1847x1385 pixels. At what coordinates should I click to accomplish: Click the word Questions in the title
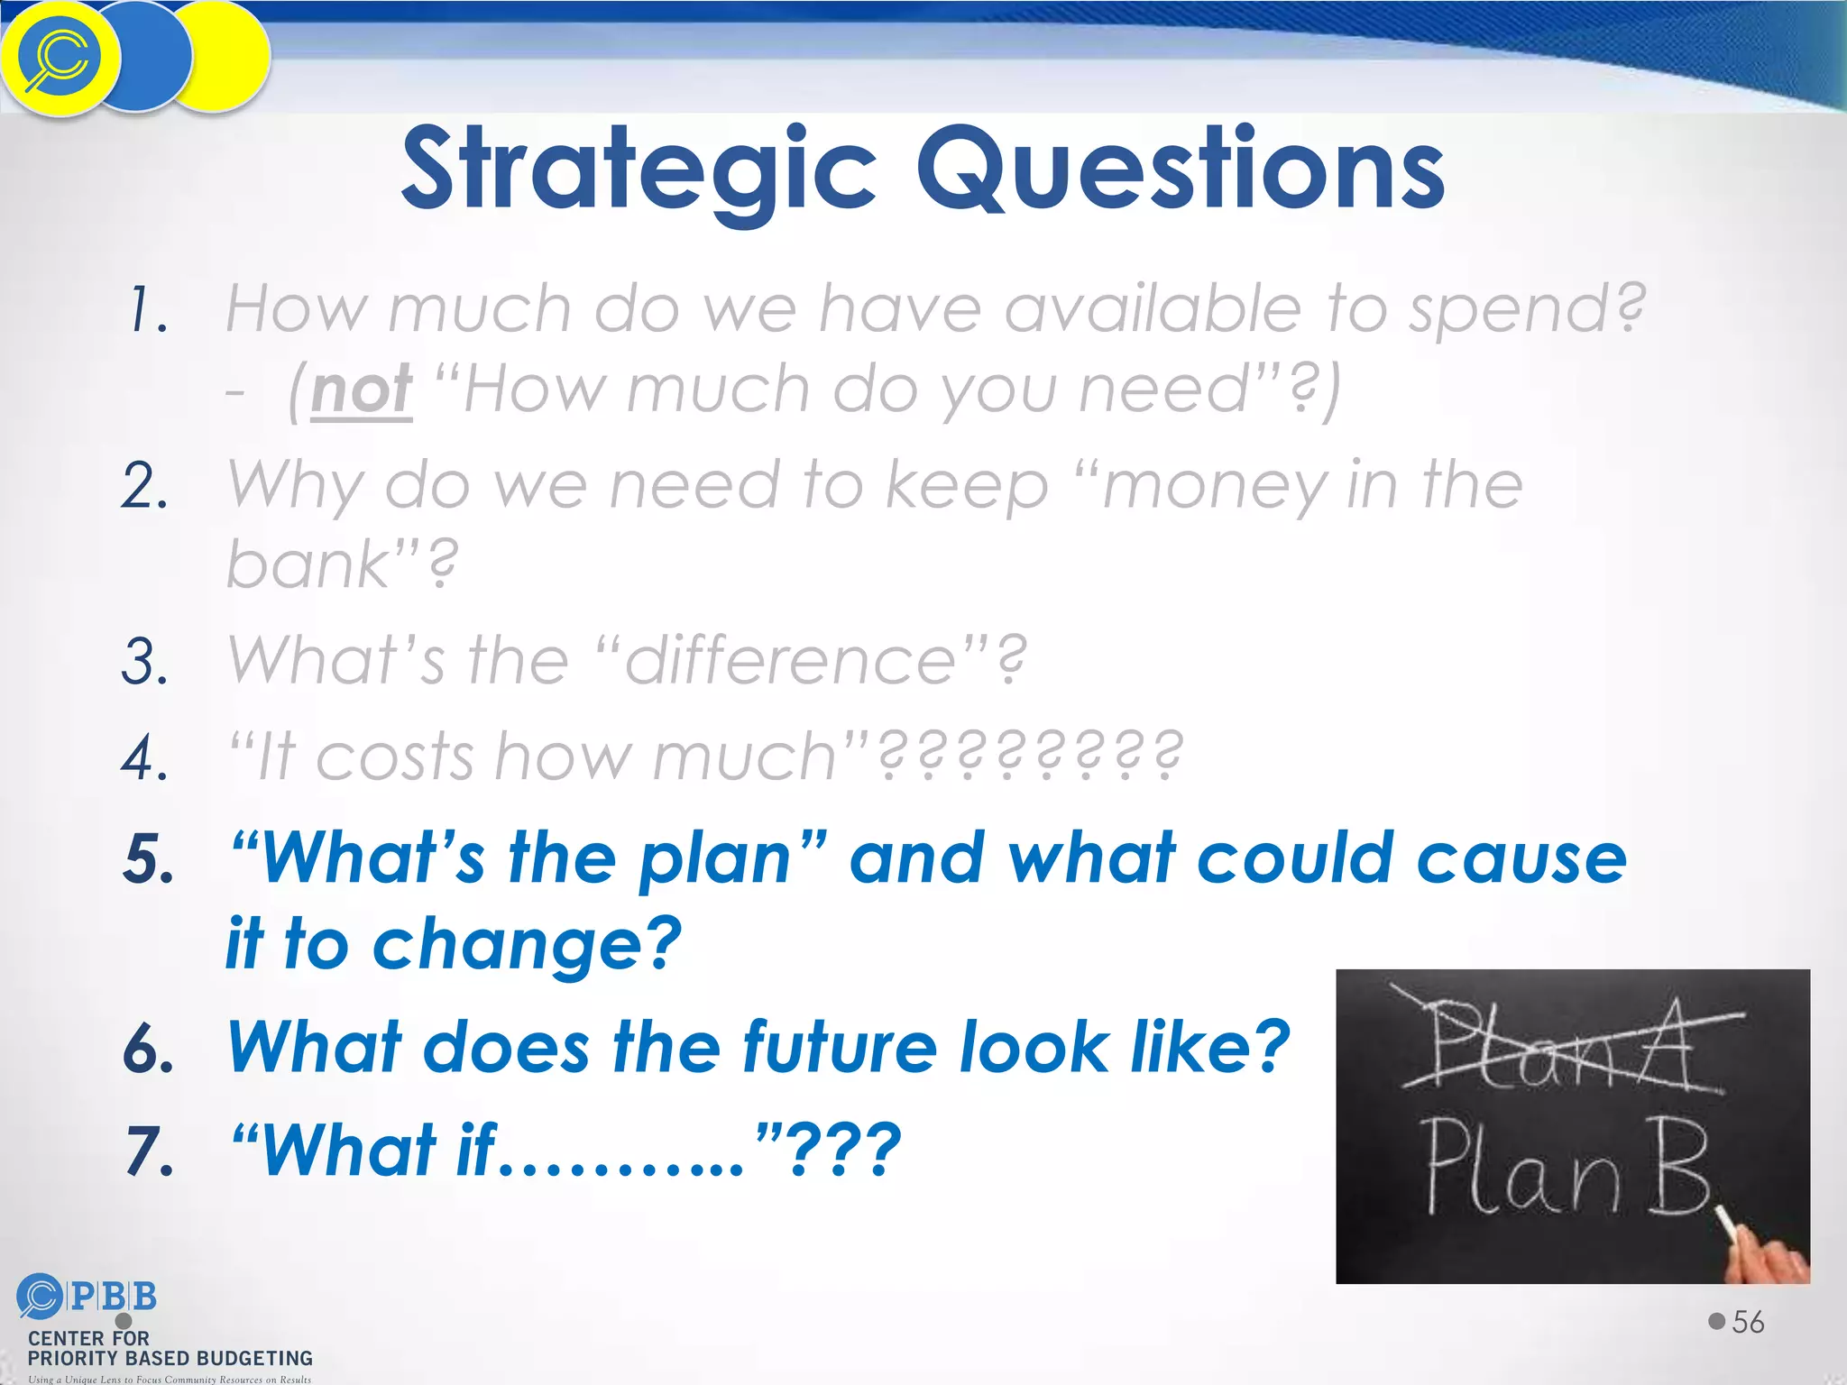click(x=1181, y=170)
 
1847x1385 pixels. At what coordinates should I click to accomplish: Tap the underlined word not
click(x=362, y=391)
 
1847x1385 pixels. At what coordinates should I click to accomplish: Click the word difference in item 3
click(x=789, y=661)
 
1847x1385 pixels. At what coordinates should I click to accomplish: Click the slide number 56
click(x=1748, y=1322)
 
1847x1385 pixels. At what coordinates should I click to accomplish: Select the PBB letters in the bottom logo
click(x=113, y=1297)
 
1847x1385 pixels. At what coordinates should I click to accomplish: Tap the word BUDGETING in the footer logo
click(x=253, y=1359)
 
